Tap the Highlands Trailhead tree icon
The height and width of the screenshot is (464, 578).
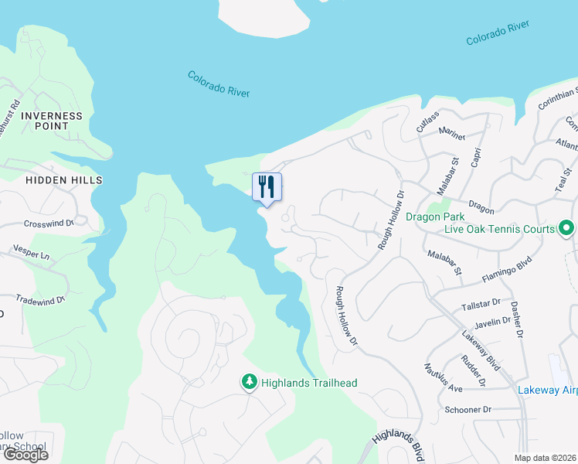(249, 382)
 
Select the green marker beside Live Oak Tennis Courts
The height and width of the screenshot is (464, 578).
(566, 228)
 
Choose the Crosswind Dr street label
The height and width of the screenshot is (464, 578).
(48, 223)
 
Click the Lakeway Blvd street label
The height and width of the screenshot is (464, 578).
(477, 346)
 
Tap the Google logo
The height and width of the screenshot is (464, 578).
(25, 455)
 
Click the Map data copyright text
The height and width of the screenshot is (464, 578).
(546, 458)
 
